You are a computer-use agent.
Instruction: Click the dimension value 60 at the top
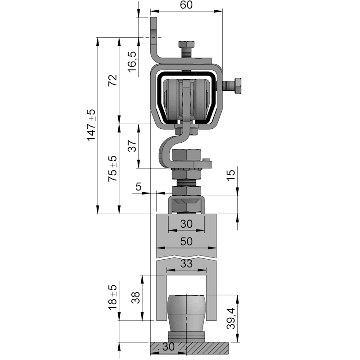(x=186, y=5)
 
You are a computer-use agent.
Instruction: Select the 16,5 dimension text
(x=132, y=62)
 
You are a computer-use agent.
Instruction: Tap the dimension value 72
(x=113, y=81)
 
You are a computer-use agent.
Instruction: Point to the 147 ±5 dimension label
(x=91, y=125)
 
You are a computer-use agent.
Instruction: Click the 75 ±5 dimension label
(x=113, y=169)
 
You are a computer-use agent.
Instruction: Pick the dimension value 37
(x=132, y=146)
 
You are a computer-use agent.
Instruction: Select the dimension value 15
(x=231, y=175)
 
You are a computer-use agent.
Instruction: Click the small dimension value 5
(x=139, y=187)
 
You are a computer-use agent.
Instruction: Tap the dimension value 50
(x=186, y=241)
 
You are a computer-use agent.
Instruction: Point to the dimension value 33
(x=186, y=264)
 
